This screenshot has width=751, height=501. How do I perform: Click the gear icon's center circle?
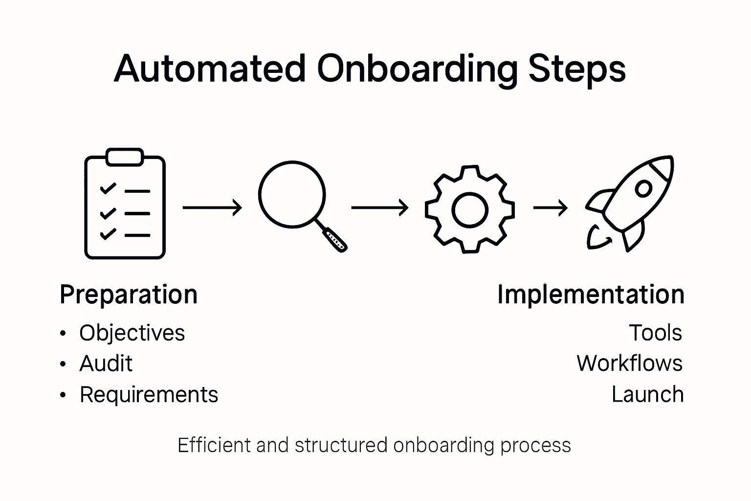coord(470,210)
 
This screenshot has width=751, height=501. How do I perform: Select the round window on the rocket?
coord(643,188)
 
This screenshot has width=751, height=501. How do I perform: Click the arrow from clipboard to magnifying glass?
coord(212,207)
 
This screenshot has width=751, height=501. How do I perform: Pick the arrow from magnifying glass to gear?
coord(380,207)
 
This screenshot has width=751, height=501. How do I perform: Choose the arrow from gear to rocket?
coord(551,208)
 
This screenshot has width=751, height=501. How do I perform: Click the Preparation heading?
coord(129,295)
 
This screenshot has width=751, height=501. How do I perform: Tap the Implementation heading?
coord(591,295)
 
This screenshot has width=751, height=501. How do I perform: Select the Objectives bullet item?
coord(132,333)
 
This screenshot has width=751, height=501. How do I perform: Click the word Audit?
coord(106,364)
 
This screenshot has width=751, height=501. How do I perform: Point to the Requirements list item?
coord(149,395)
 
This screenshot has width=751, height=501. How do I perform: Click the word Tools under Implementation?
coord(655,333)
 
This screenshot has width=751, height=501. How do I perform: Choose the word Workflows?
coord(629,364)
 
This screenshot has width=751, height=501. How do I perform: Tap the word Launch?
coord(647,395)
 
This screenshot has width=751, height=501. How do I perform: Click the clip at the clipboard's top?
coord(125,157)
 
